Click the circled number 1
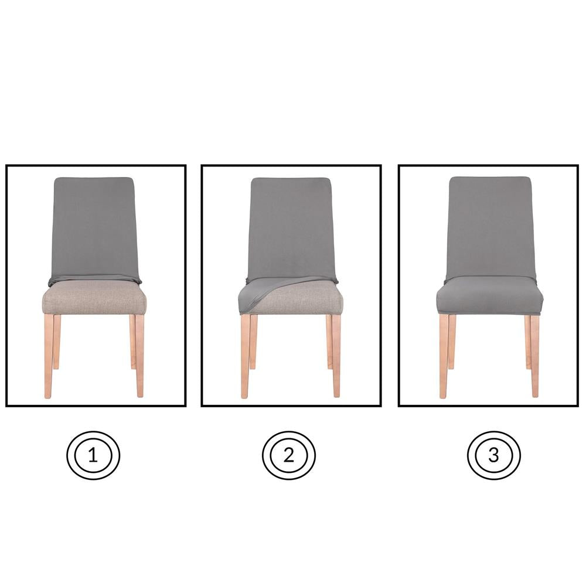pyautogui.click(x=93, y=455)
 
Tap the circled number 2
pyautogui.click(x=288, y=455)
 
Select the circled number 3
pyautogui.click(x=493, y=455)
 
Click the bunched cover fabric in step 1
pyautogui.click(x=94, y=278)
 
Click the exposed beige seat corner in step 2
pyautogui.click(x=311, y=299)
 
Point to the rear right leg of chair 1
pyautogui.click(x=133, y=343)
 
